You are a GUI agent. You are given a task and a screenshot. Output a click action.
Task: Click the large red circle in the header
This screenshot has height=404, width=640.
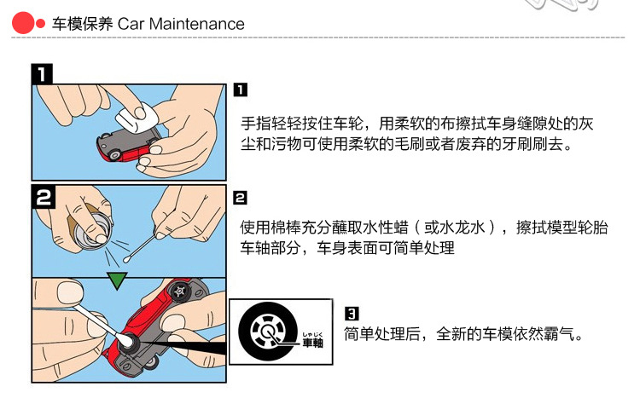click(x=23, y=23)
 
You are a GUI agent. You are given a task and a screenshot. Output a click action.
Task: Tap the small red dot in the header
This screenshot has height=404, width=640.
click(x=40, y=24)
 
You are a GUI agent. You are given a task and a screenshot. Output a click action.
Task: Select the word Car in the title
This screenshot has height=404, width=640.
click(x=131, y=24)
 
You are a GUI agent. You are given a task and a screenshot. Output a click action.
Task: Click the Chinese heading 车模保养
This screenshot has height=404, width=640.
click(x=82, y=24)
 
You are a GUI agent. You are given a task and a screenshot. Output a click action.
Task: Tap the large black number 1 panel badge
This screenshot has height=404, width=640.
click(x=42, y=74)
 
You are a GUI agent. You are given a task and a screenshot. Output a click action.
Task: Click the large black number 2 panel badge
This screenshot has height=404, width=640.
click(x=44, y=197)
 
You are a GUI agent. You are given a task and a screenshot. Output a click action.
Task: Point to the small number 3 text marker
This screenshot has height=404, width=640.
click(x=352, y=314)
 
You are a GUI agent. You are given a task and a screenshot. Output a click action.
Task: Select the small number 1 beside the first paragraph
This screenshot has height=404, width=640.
click(x=241, y=89)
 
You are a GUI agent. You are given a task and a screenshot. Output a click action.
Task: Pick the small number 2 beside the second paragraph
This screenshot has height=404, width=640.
click(x=240, y=198)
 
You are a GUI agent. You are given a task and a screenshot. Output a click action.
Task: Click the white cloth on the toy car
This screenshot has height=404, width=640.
click(x=137, y=117)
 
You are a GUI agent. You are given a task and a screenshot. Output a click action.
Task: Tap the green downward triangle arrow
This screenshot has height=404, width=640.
click(x=117, y=281)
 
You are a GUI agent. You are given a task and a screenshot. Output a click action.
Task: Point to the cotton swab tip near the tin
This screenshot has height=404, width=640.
click(x=127, y=258)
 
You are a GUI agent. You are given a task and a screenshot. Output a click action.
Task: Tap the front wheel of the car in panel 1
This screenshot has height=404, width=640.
click(x=115, y=155)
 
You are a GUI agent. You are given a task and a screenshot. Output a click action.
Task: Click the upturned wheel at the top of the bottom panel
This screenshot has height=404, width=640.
click(x=179, y=291)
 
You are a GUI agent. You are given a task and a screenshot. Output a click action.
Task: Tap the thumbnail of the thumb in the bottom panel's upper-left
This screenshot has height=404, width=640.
click(x=70, y=292)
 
